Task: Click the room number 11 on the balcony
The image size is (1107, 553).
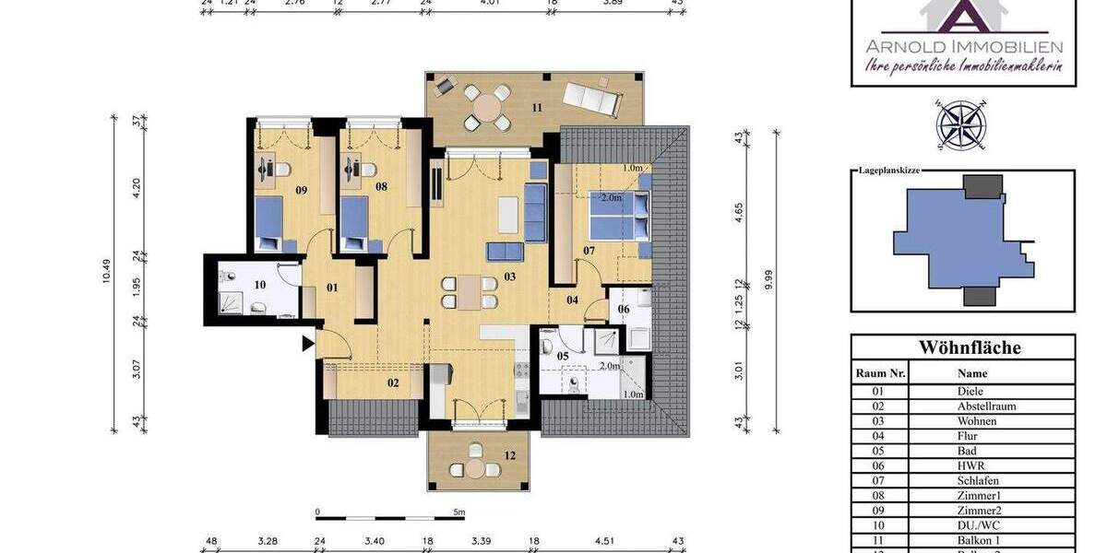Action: [x=536, y=108]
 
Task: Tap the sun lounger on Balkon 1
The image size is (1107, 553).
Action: [x=590, y=96]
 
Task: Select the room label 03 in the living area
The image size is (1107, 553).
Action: [x=509, y=276]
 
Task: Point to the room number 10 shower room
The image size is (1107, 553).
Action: [x=260, y=285]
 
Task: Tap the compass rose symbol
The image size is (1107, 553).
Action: [x=961, y=124]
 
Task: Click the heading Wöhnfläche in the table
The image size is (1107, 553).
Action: [x=962, y=347]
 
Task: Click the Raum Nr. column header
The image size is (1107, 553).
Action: [x=881, y=373]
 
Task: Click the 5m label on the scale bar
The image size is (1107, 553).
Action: [x=458, y=512]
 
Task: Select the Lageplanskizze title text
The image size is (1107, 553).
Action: [x=889, y=171]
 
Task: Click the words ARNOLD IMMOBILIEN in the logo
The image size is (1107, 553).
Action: [x=963, y=47]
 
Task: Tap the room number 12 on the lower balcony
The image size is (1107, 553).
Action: [x=509, y=454]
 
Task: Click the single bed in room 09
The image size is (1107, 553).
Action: [x=268, y=224]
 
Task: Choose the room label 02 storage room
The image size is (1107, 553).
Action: [x=393, y=382]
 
